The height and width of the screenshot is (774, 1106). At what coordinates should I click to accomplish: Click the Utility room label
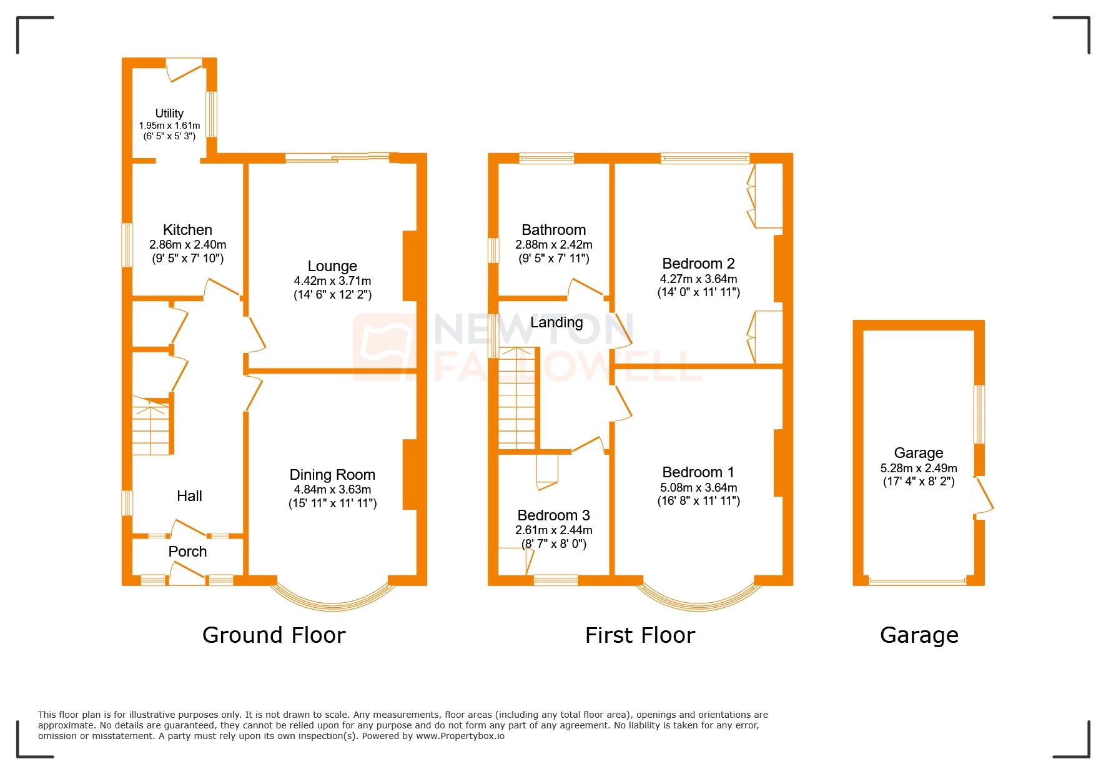click(x=169, y=113)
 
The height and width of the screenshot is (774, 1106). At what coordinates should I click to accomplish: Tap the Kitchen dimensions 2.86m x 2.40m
click(x=187, y=245)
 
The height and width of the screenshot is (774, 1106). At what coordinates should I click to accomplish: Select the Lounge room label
click(x=332, y=266)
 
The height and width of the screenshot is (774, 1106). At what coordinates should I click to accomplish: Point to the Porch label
click(x=187, y=552)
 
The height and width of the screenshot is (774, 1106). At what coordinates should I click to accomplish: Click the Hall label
click(x=189, y=496)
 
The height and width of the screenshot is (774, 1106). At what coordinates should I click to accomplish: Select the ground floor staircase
click(x=151, y=428)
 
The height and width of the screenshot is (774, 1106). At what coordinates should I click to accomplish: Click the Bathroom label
click(x=553, y=230)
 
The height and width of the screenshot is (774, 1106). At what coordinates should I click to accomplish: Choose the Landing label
click(x=556, y=322)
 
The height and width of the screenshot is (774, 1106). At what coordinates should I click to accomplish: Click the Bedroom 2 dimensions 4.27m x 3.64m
click(x=698, y=279)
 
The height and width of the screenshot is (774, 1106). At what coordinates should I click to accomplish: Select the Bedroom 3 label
click(x=553, y=515)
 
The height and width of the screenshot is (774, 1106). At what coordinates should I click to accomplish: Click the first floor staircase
click(x=517, y=400)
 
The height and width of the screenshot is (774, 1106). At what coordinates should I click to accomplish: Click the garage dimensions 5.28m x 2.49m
click(x=918, y=468)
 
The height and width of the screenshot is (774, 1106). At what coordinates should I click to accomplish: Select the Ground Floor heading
click(x=274, y=635)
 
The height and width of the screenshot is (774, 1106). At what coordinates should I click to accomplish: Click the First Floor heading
click(x=639, y=635)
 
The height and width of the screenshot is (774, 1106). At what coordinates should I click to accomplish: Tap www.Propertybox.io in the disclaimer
click(x=460, y=736)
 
